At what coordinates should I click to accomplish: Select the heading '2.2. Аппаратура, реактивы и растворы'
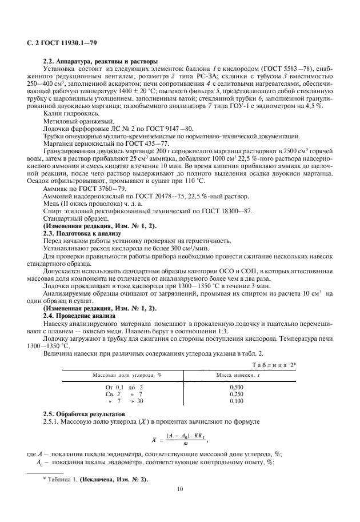(x=101, y=62)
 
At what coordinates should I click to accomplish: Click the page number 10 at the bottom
(x=179, y=488)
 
